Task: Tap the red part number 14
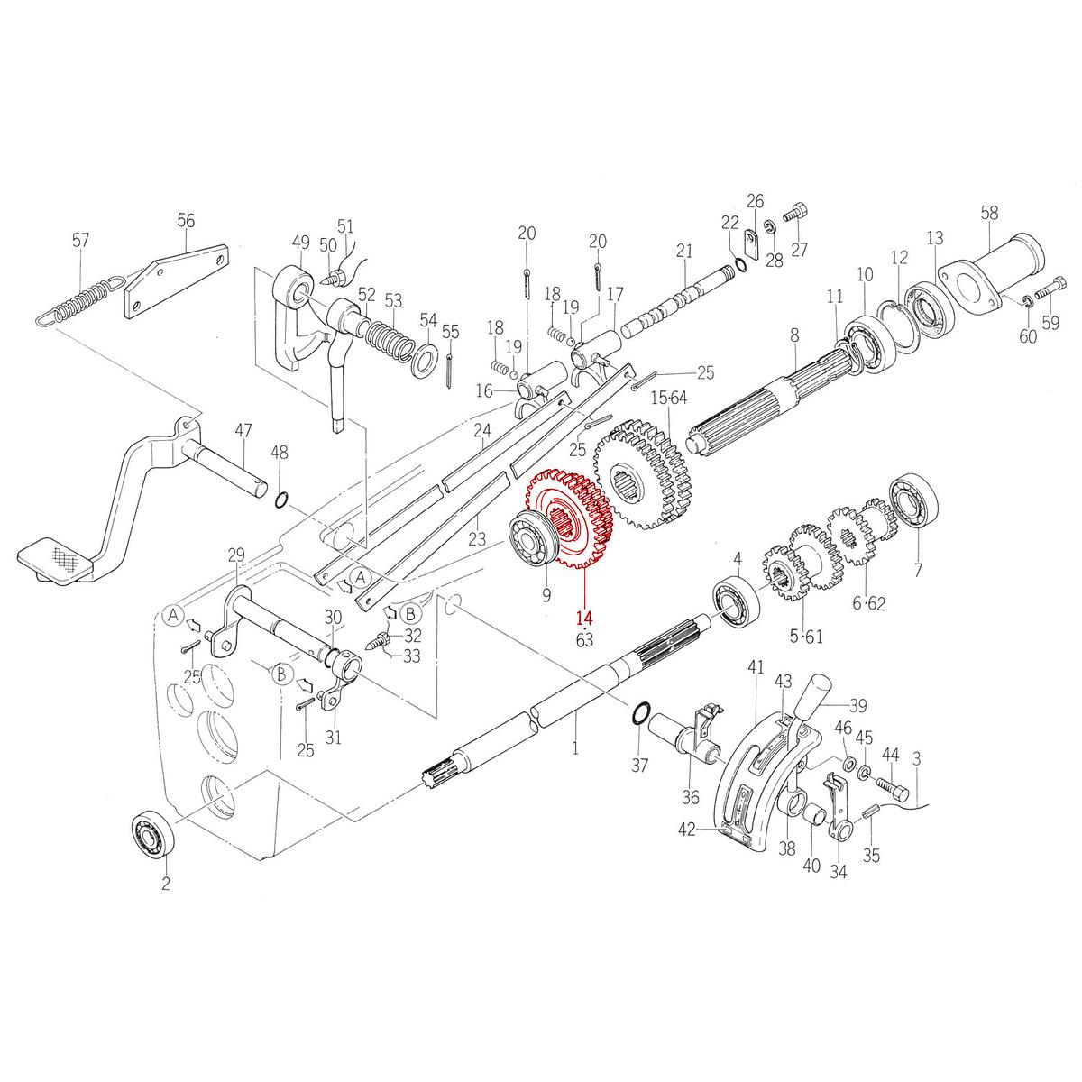pyautogui.click(x=584, y=619)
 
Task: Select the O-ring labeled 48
pyautogui.click(x=280, y=500)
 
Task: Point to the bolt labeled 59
pyautogui.click(x=1049, y=293)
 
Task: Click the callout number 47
pyautogui.click(x=243, y=430)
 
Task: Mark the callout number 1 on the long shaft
pyautogui.click(x=575, y=748)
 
